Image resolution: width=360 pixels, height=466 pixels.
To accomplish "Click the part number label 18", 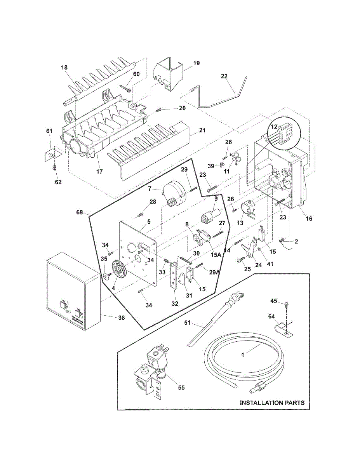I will click(64, 68).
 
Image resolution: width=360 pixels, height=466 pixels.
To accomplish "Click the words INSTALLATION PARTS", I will click(272, 403).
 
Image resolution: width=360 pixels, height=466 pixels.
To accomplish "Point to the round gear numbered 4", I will click(118, 269).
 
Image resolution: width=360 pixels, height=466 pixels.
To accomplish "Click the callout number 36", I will click(122, 317).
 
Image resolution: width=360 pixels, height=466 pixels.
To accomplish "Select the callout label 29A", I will click(214, 272).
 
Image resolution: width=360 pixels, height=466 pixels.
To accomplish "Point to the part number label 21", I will click(202, 130).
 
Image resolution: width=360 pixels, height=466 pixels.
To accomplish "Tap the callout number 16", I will click(309, 219).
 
